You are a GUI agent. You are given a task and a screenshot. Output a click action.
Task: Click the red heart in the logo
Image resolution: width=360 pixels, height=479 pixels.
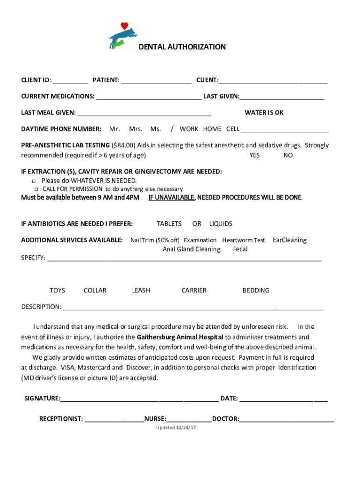[124, 26]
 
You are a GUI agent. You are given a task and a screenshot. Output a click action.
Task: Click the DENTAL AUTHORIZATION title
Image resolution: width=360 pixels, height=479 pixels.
[182, 47]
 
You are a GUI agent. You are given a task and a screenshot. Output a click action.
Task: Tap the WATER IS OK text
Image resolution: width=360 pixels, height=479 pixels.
[264, 113]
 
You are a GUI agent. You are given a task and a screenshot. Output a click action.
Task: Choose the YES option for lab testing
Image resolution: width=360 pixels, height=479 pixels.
[254, 155]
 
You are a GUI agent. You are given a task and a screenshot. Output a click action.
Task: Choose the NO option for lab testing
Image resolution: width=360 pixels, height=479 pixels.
[288, 155]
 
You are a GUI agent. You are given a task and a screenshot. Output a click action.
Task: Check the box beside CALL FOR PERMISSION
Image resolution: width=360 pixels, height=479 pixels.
[36, 189]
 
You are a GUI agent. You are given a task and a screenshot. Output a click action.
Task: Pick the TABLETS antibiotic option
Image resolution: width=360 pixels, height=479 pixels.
[169, 224]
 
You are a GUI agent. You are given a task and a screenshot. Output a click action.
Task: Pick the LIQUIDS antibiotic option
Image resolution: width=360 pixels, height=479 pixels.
[221, 224]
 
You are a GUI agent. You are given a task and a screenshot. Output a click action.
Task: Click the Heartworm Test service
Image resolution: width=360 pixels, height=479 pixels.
[244, 240]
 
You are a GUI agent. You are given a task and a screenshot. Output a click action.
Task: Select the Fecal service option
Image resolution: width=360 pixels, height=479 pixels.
[240, 249]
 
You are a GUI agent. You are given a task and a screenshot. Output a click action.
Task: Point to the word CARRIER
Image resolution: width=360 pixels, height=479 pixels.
[194, 290]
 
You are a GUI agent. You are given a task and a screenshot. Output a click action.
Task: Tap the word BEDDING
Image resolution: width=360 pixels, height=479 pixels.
[256, 290]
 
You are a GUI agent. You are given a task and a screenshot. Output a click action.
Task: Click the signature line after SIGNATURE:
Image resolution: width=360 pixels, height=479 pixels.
[139, 399]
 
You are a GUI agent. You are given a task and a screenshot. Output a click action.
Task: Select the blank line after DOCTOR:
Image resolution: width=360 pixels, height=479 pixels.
[287, 419]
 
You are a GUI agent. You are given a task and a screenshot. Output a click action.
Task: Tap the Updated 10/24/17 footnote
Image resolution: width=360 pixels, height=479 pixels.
[176, 428]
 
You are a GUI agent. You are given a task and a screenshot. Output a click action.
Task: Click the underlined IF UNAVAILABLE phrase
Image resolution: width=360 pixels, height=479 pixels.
[171, 198]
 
